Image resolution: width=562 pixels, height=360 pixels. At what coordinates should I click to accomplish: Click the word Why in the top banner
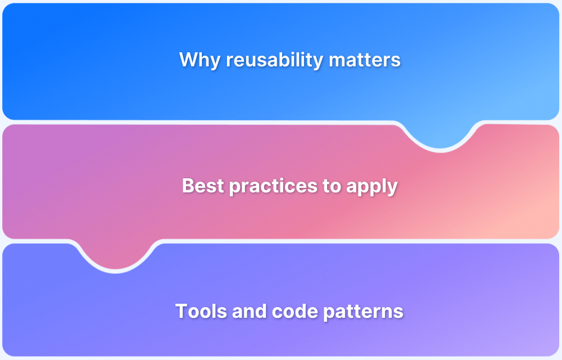tap(200, 60)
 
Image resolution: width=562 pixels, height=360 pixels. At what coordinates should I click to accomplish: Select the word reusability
tap(275, 60)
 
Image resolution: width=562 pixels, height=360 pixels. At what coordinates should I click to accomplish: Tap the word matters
tap(365, 60)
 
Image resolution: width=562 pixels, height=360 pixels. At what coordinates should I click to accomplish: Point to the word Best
tap(203, 186)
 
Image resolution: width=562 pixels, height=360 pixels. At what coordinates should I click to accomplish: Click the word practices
tap(273, 186)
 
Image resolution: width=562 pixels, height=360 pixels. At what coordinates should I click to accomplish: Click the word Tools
tap(201, 311)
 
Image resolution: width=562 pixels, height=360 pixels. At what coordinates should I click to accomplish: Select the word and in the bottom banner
tap(250, 311)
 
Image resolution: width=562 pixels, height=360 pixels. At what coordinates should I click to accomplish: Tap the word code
tap(295, 311)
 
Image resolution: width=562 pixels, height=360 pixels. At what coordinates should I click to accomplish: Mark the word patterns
tap(363, 312)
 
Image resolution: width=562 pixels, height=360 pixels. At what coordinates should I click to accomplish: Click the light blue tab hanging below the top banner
tap(440, 134)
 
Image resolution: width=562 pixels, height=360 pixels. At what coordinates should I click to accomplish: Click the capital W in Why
tap(189, 60)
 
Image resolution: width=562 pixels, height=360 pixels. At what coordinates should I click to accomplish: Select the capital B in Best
tap(188, 186)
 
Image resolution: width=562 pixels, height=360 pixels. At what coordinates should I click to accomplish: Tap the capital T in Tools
tap(182, 311)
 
